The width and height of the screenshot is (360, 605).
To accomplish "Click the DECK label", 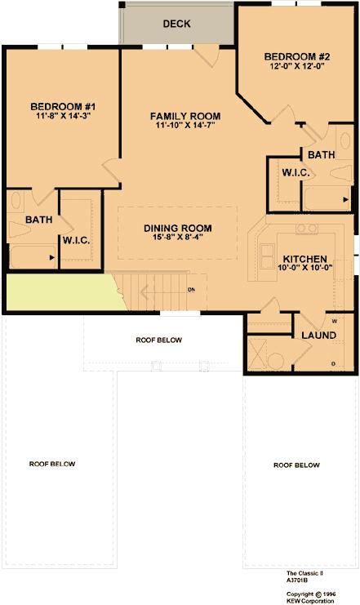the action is pos(176,24).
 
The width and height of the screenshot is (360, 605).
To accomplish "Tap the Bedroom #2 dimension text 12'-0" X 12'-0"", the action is pos(296,65).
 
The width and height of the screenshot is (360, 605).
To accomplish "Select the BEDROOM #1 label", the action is pos(63,106).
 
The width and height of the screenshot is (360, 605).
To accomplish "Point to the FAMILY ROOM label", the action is pos(185,116).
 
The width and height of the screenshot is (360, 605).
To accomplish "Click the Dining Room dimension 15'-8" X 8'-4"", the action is pos(178,237).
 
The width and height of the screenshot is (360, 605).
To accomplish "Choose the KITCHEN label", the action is pos(304,259).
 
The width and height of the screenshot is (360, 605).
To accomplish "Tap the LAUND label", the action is pos(318,335).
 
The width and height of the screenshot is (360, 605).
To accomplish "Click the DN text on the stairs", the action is pos(191,289).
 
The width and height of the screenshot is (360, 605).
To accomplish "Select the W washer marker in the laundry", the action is pos(334,321).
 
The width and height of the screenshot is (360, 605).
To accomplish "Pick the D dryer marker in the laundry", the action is pos(333,363).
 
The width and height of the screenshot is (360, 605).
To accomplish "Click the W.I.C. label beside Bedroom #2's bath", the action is pos(296,172).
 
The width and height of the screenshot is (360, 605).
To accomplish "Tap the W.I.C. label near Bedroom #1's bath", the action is pos(77,240).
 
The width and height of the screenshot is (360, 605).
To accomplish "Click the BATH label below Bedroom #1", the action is pos(38,220).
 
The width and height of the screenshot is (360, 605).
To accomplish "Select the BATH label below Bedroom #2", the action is pos(322,154).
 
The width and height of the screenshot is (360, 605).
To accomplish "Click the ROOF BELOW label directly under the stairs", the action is pos(158,340).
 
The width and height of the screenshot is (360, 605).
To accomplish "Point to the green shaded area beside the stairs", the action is pos(62,291).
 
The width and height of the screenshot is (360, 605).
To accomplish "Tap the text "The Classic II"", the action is pos(304,573).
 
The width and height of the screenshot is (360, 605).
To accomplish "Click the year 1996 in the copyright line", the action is pos(329,594).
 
